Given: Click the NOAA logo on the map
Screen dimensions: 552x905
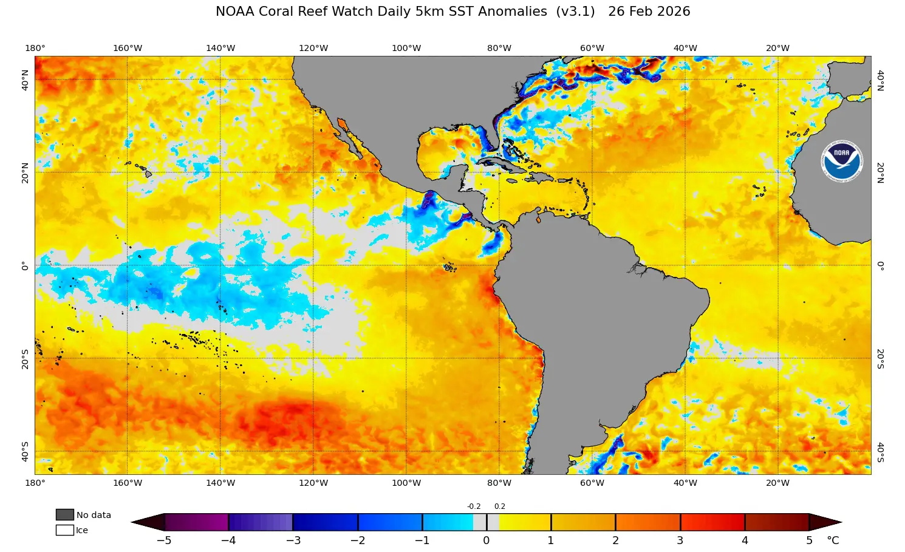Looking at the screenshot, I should coord(842,160).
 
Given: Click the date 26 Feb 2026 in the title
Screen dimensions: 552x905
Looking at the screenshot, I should coord(649,12).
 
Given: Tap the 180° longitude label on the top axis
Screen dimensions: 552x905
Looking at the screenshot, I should coord(35,48).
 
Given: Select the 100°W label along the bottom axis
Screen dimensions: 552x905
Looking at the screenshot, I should coord(406,483).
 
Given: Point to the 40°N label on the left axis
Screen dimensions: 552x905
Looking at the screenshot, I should coord(25,80).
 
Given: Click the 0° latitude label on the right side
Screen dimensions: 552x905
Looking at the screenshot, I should coord(880,265).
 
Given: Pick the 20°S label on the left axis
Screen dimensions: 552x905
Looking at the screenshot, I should coord(25,359).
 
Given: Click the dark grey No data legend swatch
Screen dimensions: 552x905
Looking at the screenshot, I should coord(64,515).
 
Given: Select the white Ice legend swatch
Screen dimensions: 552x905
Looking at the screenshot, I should coord(64,530).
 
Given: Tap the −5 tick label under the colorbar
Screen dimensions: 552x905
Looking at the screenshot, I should coord(164,540).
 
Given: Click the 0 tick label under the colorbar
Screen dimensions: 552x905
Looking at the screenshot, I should coord(487,540).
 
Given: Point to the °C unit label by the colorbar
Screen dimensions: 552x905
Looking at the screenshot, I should coord(833,540).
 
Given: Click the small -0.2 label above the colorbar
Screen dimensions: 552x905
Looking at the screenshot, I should coord(474,506).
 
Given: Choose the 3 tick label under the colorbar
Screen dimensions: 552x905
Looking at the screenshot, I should coord(680,540).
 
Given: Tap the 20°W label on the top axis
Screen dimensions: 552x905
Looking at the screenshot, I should coord(777,48).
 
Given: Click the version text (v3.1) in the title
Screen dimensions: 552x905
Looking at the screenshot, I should coord(575,12).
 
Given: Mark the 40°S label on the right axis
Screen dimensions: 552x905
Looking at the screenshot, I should coord(880,452).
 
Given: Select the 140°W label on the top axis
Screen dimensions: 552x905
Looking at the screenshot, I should coord(220,48).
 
